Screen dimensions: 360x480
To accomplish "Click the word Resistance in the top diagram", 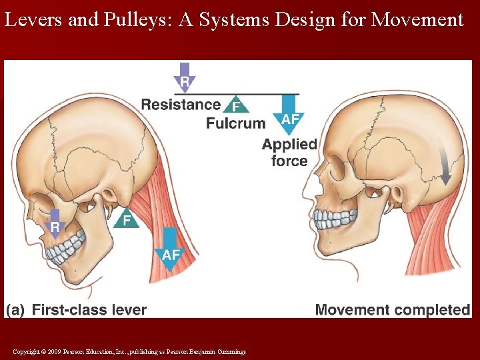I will click(181, 105).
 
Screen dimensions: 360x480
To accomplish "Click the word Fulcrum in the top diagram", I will click(235, 123).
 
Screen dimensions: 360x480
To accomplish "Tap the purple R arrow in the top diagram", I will click(185, 77).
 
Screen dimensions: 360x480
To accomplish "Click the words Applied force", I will click(289, 152).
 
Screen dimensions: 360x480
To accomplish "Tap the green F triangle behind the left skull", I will click(126, 219).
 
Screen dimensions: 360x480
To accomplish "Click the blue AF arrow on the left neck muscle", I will click(171, 250).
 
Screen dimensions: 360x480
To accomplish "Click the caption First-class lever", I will click(89, 309).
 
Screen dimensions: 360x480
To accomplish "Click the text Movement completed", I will click(392, 309).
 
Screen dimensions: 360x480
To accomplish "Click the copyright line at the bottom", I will click(129, 351).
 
